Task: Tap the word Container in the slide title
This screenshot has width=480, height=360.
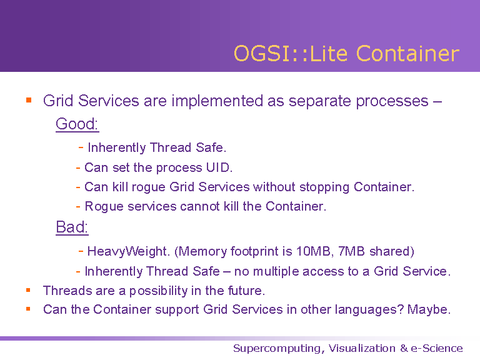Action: point(407,54)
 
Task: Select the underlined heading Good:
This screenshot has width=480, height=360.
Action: point(77,124)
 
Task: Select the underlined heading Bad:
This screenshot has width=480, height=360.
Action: point(72,227)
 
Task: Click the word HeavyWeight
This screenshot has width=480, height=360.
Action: point(128,251)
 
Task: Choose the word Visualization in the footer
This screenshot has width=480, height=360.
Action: point(362,348)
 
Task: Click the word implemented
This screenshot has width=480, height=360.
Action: point(217,101)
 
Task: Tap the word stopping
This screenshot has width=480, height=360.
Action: point(324,187)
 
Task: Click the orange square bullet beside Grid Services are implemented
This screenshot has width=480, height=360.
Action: point(29,100)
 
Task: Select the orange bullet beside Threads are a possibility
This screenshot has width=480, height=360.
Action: point(28,290)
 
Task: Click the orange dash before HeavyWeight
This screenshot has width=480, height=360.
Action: point(81,251)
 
